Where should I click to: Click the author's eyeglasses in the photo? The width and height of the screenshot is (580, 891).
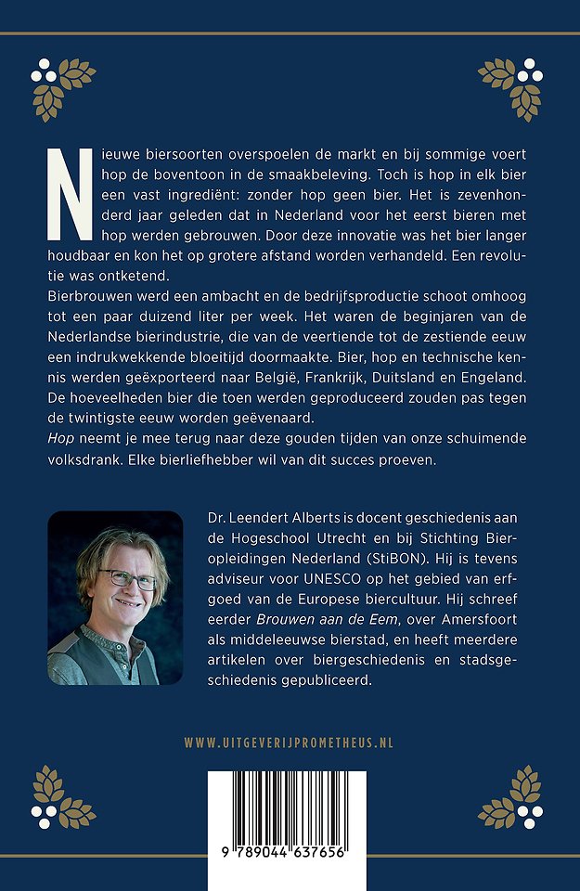127,579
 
